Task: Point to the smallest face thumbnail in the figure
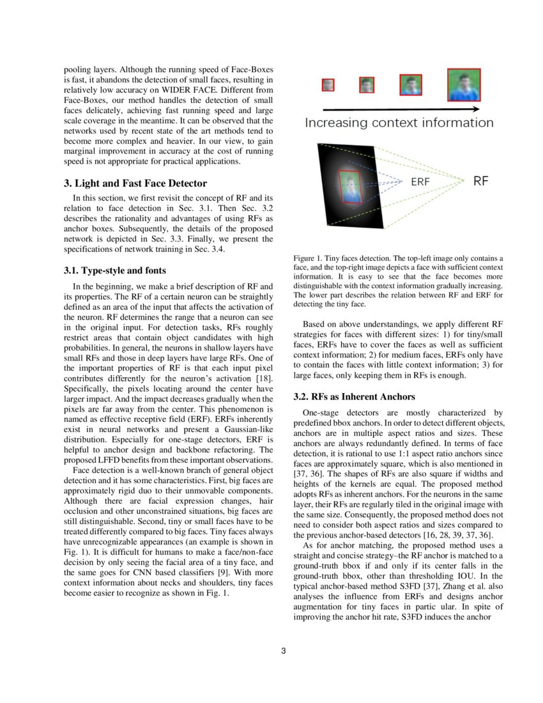(328, 84)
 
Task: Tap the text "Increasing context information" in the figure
(399, 123)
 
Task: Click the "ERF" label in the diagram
(420, 182)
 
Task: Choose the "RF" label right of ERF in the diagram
(481, 181)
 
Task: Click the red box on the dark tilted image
(350, 187)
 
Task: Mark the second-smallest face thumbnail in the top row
(367, 84)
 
